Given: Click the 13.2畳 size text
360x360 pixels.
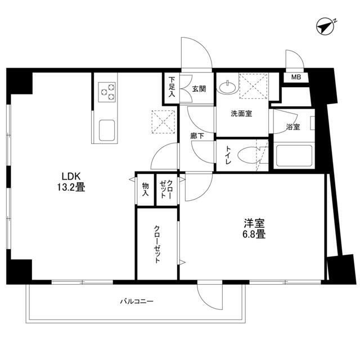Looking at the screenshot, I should coord(70,188).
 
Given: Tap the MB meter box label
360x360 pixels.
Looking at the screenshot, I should coord(295,78).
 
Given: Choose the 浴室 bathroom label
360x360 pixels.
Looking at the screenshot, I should coord(292,127).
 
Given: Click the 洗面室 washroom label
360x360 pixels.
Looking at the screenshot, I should coord(241,113).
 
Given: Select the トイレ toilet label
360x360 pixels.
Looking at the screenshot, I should coord(229,156).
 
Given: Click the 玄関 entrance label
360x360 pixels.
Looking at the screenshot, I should coord(197,88).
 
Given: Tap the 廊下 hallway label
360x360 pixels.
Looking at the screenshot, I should coord(197,136).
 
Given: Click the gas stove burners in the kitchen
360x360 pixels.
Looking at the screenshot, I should coord(107,92).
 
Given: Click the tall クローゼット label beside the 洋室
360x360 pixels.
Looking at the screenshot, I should coord(157,245).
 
